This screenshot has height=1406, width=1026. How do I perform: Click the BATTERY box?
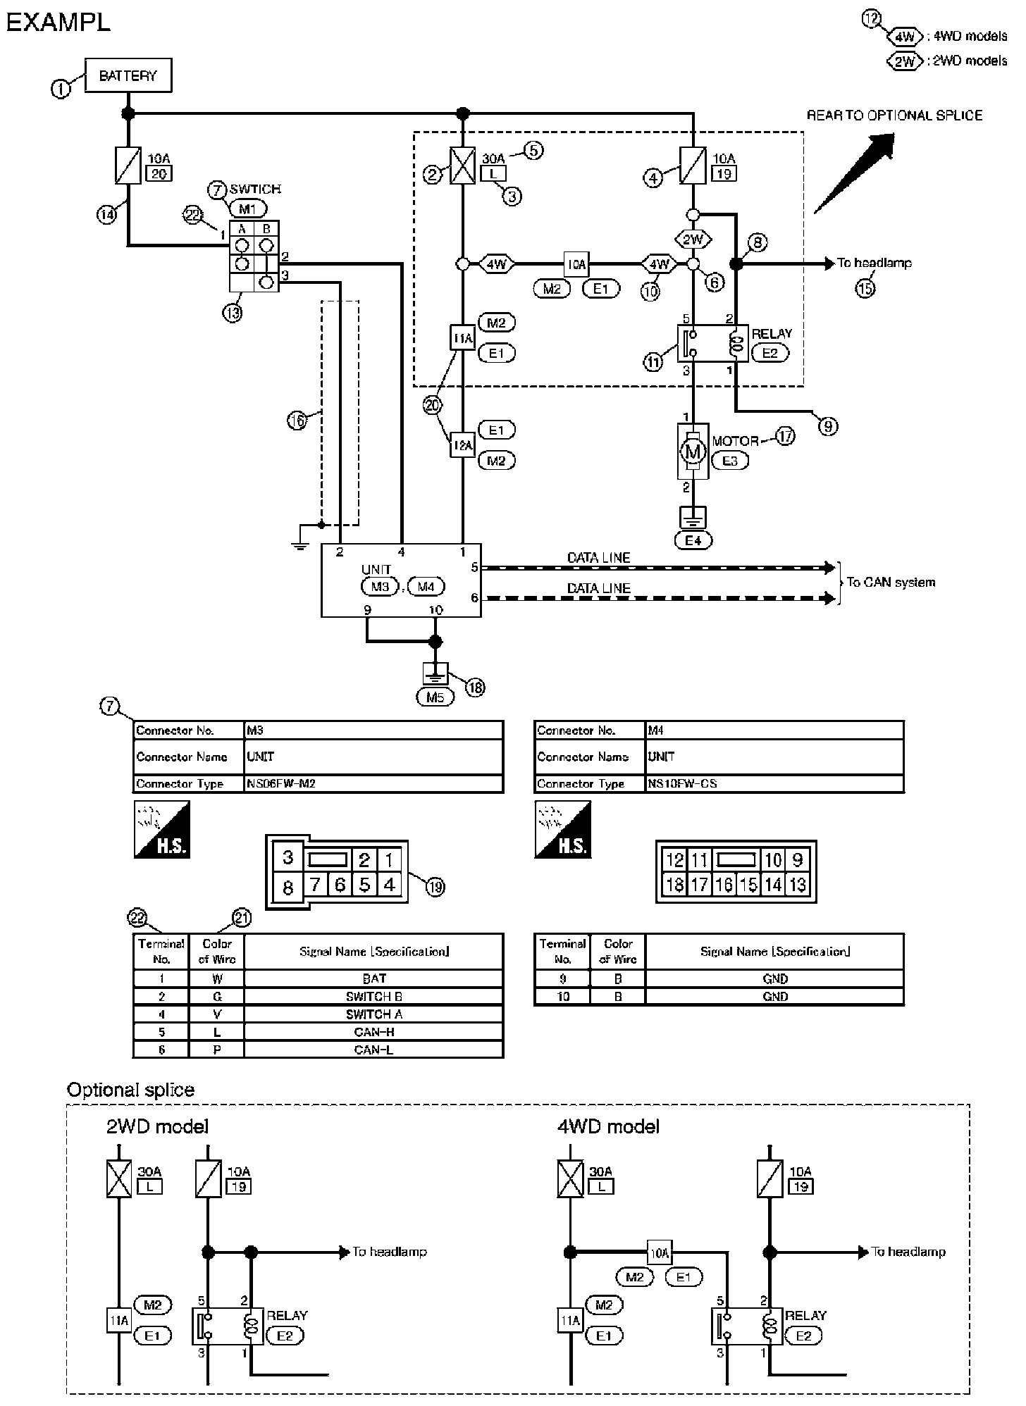pyautogui.click(x=128, y=75)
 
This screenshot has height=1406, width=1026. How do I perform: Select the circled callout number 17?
pyautogui.click(x=785, y=436)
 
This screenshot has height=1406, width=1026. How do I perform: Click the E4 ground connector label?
pyautogui.click(x=693, y=540)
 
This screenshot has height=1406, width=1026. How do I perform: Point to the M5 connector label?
pyautogui.click(x=435, y=697)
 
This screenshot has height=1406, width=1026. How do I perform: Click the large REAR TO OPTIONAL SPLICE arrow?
pyautogui.click(x=854, y=173)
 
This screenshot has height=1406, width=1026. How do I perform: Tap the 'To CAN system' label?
pyautogui.click(x=891, y=583)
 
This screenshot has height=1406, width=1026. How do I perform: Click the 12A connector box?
pyautogui.click(x=463, y=445)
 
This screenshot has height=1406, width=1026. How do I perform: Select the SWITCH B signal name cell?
pyautogui.click(x=373, y=997)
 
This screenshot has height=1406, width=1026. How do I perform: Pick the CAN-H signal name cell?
pyautogui.click(x=373, y=1032)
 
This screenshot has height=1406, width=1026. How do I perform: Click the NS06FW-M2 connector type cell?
pyautogui.click(x=373, y=783)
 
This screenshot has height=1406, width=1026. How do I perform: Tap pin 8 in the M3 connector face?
pyautogui.click(x=288, y=888)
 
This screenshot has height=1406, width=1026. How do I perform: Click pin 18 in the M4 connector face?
pyautogui.click(x=674, y=885)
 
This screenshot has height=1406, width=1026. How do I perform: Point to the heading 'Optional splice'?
pyautogui.click(x=130, y=1090)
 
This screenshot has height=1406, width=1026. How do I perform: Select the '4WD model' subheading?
pyautogui.click(x=608, y=1126)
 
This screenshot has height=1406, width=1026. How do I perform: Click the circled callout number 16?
pyautogui.click(x=297, y=421)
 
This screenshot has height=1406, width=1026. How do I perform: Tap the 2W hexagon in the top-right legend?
pyautogui.click(x=904, y=61)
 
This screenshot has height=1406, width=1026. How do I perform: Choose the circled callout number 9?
pyautogui.click(x=829, y=426)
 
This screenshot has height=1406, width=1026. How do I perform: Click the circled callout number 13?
pyautogui.click(x=232, y=312)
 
